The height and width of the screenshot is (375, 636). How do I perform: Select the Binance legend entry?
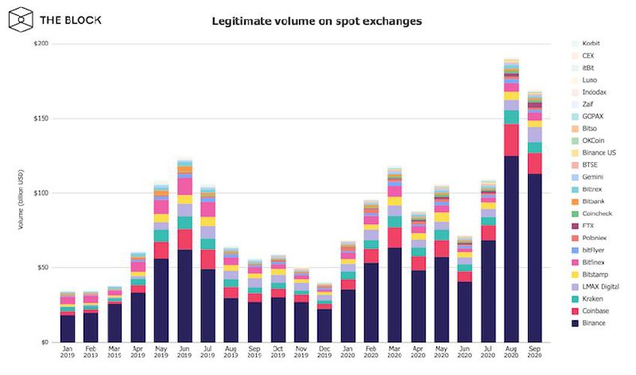tap(593, 323)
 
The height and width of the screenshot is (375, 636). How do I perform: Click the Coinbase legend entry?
tap(595, 310)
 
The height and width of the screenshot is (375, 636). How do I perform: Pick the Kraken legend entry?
tap(592, 298)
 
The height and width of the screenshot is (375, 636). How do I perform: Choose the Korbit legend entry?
tap(591, 42)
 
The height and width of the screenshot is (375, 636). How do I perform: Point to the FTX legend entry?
tap(588, 225)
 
